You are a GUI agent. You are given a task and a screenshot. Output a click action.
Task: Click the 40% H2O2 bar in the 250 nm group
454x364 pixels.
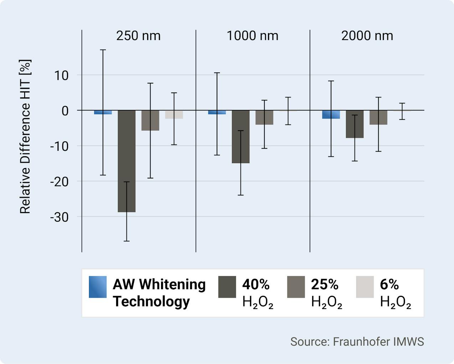pos(127,161)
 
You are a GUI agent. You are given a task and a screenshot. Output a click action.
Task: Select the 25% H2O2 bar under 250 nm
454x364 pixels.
pos(150,120)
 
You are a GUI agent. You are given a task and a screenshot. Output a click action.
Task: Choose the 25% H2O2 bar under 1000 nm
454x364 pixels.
pos(264,117)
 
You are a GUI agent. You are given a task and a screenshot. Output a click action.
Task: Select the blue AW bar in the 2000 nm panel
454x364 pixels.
pos(331,114)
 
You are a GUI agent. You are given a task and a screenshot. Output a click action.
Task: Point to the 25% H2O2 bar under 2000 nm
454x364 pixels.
pos(378,117)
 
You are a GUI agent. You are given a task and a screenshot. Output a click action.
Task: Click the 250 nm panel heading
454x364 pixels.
pos(138,36)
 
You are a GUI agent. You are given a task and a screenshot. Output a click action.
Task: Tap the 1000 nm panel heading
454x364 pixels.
pos(252,36)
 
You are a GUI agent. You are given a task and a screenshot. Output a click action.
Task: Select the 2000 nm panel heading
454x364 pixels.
pos(367,36)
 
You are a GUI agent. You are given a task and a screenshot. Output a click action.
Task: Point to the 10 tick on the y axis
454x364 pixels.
pos(61,75)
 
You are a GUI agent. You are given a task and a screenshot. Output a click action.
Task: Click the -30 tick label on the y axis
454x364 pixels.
pos(59,217)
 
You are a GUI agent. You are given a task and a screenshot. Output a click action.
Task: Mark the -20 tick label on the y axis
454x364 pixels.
pos(59,182)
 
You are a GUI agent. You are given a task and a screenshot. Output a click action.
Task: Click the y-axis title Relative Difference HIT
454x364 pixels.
pos(25,137)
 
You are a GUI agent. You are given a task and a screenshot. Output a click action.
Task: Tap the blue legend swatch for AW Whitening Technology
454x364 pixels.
pos(98,287)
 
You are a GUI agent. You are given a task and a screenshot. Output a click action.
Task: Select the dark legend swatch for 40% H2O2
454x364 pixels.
pos(227,287)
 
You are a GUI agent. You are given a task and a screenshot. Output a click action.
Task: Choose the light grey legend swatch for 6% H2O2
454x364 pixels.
pos(365,287)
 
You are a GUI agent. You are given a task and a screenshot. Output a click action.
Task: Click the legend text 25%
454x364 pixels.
pos(324,284)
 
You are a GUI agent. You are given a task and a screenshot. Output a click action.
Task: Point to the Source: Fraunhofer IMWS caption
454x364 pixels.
pos(357,342)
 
